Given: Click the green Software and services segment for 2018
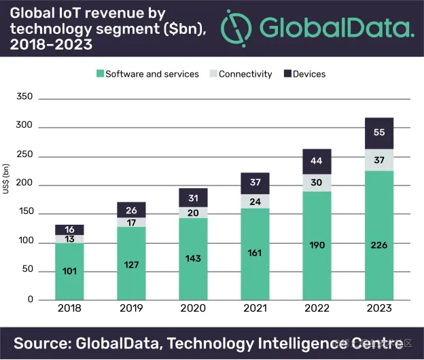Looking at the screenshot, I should pyautogui.click(x=69, y=272).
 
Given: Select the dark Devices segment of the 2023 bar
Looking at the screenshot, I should pyautogui.click(x=379, y=133).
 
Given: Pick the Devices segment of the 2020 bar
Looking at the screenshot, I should pyautogui.click(x=193, y=198).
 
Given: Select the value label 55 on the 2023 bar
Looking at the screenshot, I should pyautogui.click(x=379, y=133).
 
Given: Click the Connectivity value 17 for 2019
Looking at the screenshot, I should pyautogui.click(x=131, y=222).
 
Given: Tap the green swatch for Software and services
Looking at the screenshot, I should pyautogui.click(x=99, y=74).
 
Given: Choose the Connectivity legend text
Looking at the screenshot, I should pyautogui.click(x=245, y=74).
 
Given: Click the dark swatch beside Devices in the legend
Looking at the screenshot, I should pyautogui.click(x=287, y=74).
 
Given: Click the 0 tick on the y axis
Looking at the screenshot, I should pyautogui.click(x=29, y=300).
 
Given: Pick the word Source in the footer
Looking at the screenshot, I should pyautogui.click(x=45, y=342).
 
